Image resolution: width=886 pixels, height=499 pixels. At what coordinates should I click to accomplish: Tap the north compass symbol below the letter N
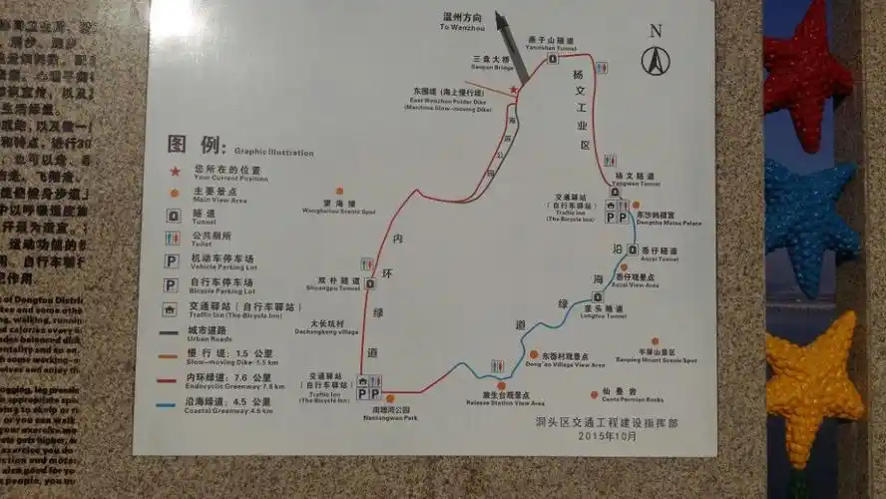(656, 61)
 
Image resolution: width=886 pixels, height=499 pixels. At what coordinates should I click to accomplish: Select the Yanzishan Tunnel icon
(553, 59)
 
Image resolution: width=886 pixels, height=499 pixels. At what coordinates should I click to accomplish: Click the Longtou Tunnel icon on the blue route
(598, 296)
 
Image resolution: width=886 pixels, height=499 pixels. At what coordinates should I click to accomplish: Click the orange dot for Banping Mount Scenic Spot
(655, 341)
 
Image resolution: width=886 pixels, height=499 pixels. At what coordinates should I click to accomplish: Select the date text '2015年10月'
(606, 435)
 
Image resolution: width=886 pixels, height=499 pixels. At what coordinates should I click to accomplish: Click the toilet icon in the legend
(173, 239)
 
